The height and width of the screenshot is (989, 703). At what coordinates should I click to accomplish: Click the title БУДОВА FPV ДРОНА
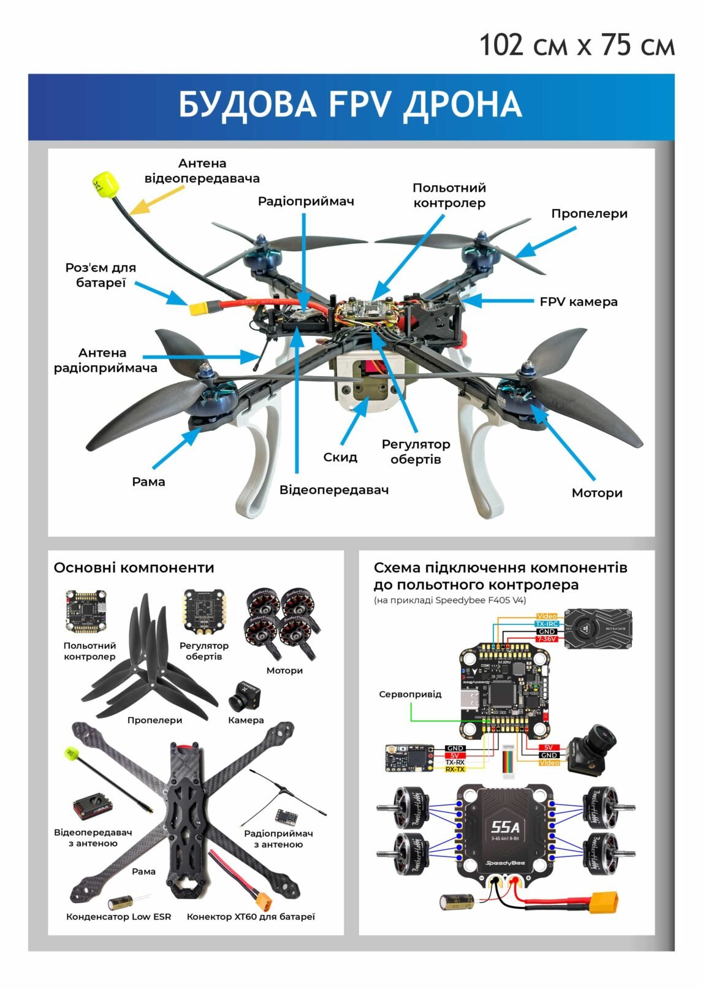[350, 104]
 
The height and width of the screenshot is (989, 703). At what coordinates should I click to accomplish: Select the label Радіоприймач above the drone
[306, 201]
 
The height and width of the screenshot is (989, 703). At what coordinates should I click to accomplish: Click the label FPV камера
[579, 301]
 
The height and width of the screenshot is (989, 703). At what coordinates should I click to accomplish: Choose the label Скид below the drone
[340, 457]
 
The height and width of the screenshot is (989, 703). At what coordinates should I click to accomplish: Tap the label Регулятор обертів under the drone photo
[416, 452]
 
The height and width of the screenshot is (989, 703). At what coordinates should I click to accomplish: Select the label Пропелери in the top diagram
[589, 213]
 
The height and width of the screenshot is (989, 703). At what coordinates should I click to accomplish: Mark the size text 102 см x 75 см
[576, 45]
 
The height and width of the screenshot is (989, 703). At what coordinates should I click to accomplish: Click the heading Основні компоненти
[134, 567]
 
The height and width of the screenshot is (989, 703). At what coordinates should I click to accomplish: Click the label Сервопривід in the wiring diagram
[410, 694]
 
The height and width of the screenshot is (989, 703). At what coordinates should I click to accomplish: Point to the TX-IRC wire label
[546, 624]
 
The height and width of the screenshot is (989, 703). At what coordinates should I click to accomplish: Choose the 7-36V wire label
[546, 639]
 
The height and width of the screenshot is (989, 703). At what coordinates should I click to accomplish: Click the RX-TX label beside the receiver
[455, 769]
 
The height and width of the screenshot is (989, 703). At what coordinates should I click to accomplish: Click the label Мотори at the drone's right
[596, 493]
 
